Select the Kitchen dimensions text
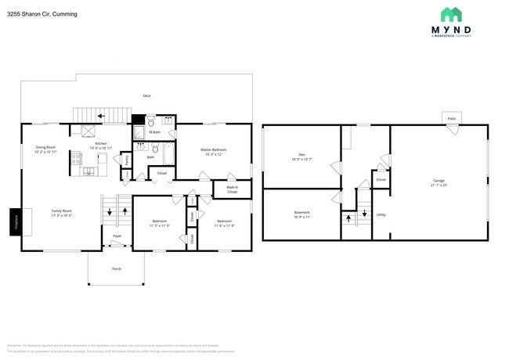click(101, 148)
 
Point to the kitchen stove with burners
click(77, 159)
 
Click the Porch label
click(116, 268)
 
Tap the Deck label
click(146, 95)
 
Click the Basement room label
click(301, 213)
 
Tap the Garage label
click(439, 181)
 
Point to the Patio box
click(451, 118)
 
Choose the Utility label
click(381, 214)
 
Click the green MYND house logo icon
click(450, 14)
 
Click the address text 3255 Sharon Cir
click(31, 13)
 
